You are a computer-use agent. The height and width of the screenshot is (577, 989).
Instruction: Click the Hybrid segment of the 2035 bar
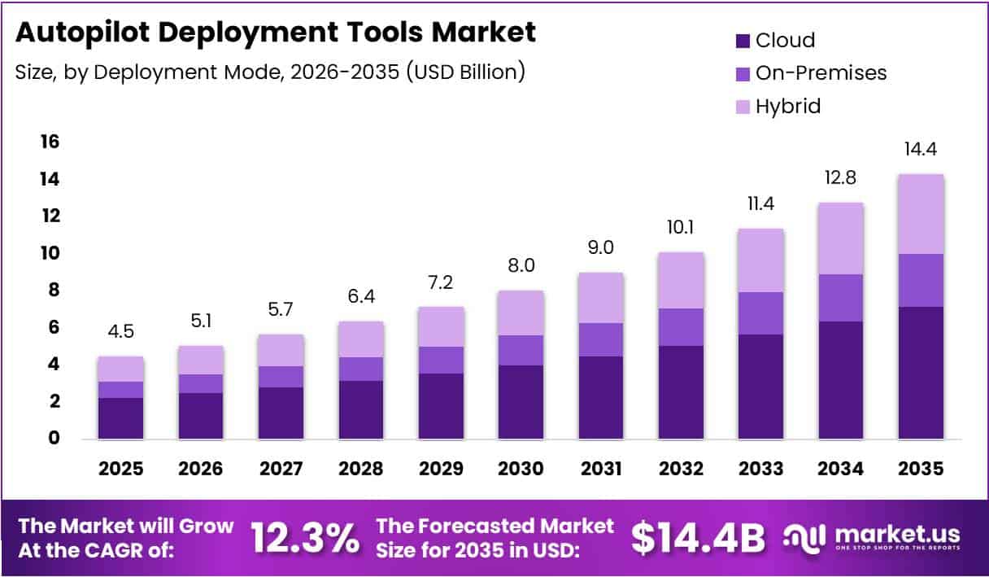921,214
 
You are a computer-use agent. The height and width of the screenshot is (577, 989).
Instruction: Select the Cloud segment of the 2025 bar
120,418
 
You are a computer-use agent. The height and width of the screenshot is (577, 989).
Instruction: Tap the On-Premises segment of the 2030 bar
521,350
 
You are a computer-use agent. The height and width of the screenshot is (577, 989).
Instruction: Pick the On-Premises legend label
821,72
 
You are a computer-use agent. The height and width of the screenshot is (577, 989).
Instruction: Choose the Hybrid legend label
788,106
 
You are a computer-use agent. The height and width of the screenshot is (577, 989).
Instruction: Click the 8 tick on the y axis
50,290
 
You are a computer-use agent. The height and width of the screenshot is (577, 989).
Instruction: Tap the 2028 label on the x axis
361,469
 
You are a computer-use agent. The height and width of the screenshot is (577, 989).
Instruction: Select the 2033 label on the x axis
761,469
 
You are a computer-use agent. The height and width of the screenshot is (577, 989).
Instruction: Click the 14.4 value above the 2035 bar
921,150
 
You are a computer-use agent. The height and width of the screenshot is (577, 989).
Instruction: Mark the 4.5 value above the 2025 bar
120,333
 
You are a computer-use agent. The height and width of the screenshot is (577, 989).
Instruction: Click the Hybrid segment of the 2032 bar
681,280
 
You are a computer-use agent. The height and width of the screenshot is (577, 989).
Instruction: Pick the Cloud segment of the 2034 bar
841,380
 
